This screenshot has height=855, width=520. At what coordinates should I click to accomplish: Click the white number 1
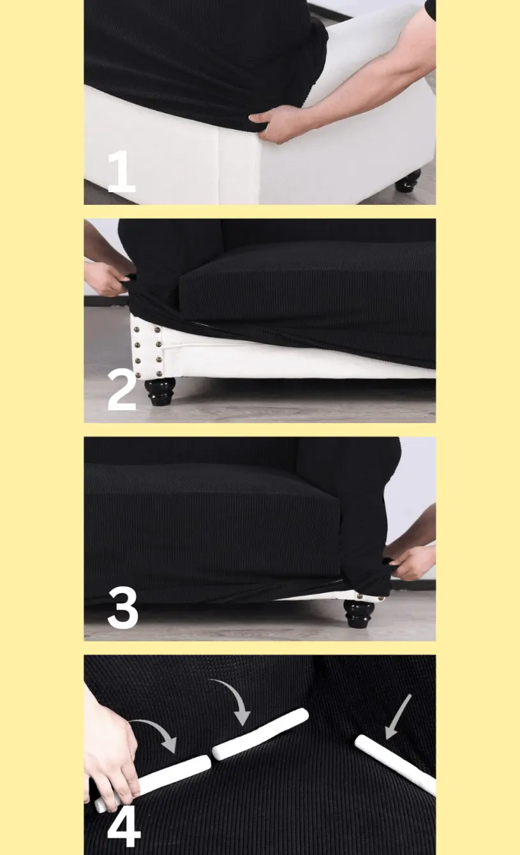[x=122, y=172]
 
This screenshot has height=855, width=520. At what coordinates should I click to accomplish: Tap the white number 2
[x=122, y=390]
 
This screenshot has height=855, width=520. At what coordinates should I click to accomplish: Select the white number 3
[x=123, y=608]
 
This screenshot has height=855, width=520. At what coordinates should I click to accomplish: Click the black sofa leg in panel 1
[x=408, y=181]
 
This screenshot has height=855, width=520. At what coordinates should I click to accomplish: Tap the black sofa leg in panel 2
[x=160, y=391]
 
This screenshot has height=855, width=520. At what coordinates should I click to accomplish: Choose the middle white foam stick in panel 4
[x=260, y=734]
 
